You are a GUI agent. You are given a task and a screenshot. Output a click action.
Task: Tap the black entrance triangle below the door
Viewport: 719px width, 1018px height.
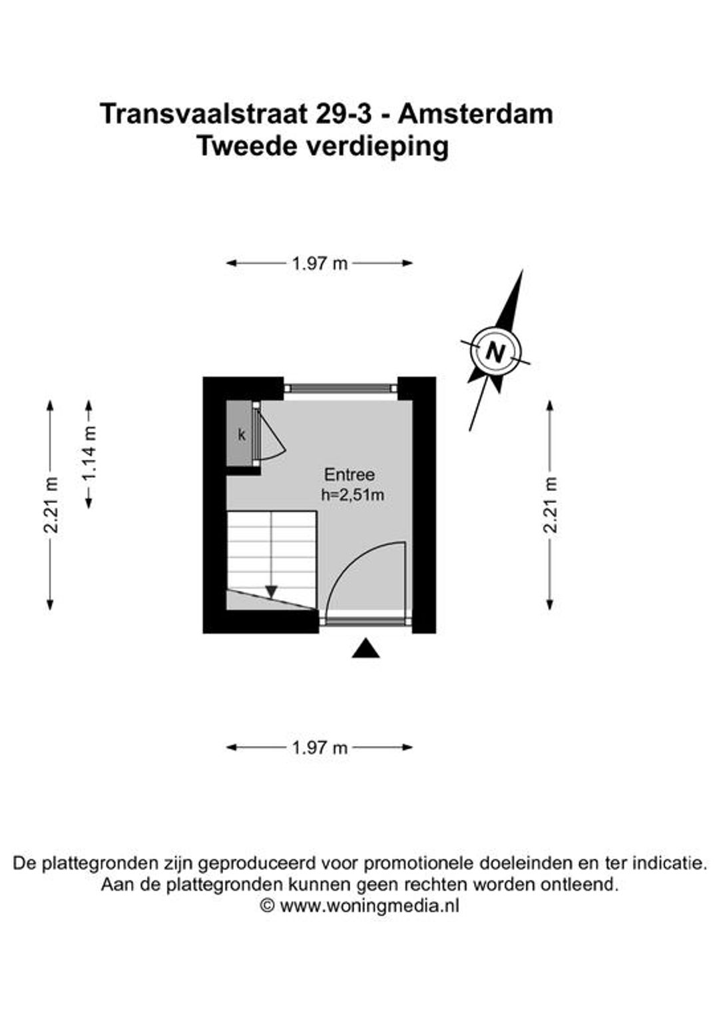365,648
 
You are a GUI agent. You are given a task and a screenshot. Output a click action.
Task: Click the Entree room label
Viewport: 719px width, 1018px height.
350,475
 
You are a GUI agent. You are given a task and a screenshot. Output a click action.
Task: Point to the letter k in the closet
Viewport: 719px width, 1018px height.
242,435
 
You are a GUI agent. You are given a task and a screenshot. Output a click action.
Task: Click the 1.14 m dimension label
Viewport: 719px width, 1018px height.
89,453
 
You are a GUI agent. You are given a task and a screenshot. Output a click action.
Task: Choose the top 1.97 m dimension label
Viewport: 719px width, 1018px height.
320,264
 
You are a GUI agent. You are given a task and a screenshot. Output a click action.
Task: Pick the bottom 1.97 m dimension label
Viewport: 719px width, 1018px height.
320,748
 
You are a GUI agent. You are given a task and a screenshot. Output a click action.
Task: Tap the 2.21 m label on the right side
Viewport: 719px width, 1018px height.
551,504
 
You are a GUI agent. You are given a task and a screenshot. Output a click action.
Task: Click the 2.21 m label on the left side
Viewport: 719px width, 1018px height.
51,504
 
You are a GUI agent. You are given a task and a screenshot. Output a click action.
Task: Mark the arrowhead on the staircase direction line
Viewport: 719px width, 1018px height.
271,592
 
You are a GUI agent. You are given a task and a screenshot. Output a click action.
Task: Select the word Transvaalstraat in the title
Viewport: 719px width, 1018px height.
204,114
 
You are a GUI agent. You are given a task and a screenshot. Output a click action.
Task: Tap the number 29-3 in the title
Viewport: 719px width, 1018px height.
344,114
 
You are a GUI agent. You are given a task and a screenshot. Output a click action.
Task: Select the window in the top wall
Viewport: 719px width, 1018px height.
341,388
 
